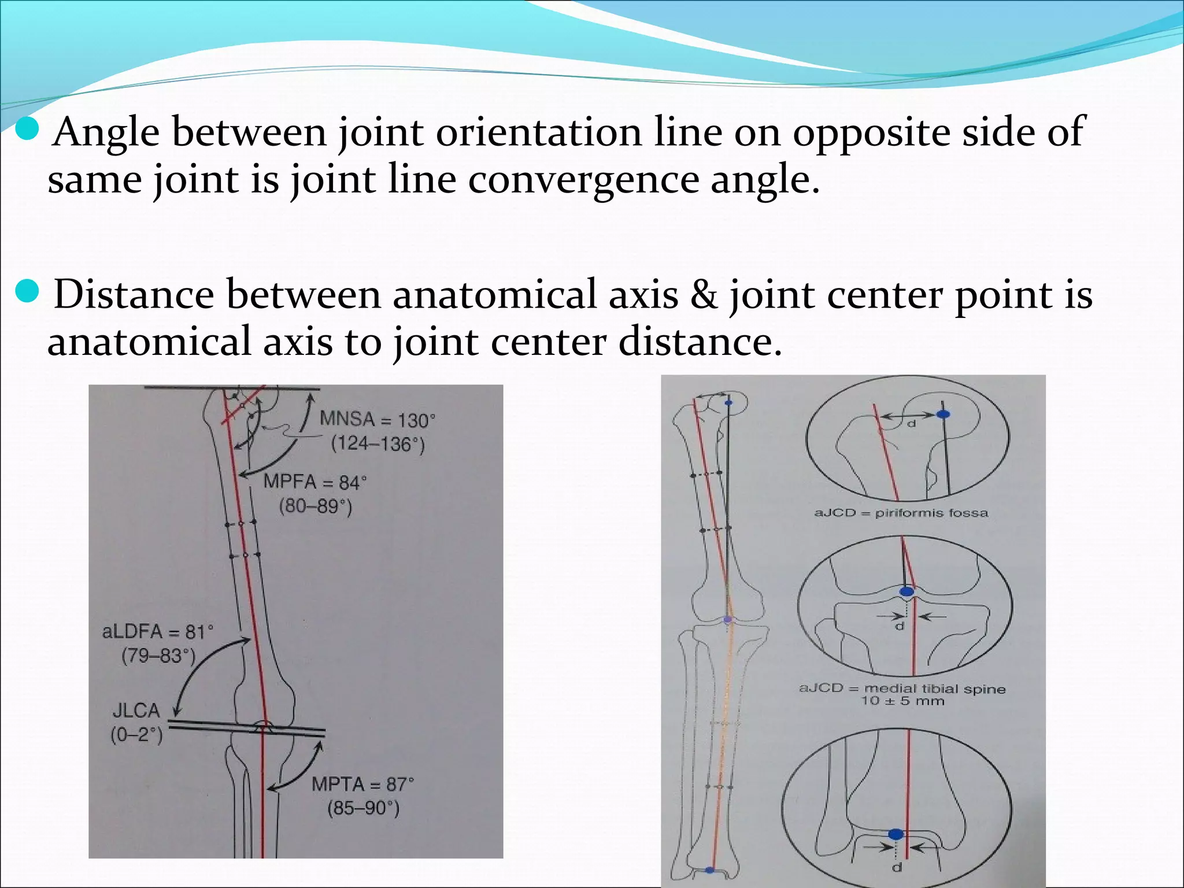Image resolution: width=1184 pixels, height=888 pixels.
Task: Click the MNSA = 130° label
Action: (x=377, y=419)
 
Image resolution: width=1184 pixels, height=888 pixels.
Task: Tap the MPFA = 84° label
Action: (x=315, y=482)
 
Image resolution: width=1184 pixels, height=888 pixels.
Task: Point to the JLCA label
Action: (x=136, y=711)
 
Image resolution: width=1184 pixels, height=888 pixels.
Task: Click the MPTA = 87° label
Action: (x=362, y=785)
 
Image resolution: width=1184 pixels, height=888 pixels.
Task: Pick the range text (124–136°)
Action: (x=378, y=444)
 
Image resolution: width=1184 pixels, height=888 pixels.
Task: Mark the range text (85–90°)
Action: (x=363, y=808)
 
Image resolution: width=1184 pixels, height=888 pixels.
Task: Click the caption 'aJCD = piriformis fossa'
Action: (x=901, y=513)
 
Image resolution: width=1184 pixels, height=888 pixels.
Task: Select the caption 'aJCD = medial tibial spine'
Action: (x=902, y=689)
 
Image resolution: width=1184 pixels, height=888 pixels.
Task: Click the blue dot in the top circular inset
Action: (x=943, y=414)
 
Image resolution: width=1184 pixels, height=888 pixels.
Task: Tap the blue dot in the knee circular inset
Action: (x=906, y=591)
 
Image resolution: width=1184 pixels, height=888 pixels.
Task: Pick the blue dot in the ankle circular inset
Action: (x=896, y=834)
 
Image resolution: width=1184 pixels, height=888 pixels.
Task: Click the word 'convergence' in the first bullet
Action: (x=582, y=179)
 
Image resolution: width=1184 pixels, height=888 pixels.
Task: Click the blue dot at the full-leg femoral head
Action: (x=728, y=402)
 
